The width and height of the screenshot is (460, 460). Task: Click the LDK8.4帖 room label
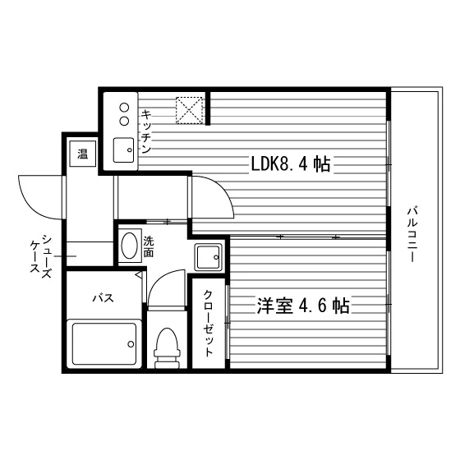point(291,164)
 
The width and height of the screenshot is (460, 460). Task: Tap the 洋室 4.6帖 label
point(303,306)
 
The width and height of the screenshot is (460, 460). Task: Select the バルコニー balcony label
point(412,234)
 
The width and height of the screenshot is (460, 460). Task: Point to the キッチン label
point(146,131)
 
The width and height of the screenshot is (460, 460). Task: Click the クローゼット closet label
point(208,323)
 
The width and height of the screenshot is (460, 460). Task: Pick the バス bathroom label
point(103,298)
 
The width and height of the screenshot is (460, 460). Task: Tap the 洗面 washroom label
point(149,246)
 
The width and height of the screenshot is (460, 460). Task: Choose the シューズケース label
point(41,256)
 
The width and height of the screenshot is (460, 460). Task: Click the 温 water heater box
point(82,154)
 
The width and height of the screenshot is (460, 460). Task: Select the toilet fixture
point(167,348)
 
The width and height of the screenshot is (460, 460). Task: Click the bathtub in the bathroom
point(104,344)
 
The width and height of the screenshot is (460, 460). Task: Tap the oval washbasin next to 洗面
point(130,246)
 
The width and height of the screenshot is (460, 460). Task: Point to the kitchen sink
point(123,149)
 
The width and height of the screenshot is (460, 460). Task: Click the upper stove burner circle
point(124,108)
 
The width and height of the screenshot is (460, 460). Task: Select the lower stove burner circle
point(124,121)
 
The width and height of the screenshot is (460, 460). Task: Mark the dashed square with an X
point(189,110)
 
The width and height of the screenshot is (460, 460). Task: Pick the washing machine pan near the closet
point(208,257)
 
